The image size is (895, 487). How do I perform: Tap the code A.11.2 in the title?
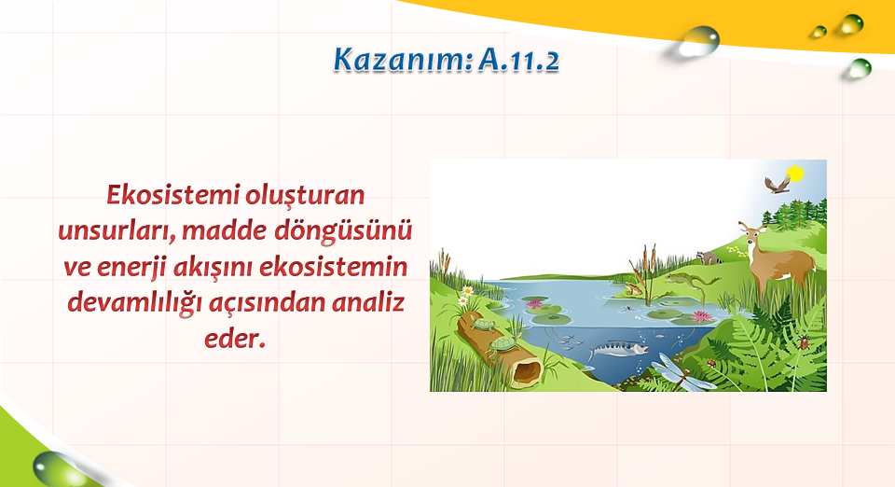point(519,60)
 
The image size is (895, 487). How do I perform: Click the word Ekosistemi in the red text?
point(173,195)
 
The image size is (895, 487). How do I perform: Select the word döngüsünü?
point(343,231)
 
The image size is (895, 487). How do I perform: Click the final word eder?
point(235,340)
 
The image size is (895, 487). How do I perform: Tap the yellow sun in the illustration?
point(794,173)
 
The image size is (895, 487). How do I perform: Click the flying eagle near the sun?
point(777,185)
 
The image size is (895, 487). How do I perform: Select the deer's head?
point(752,232)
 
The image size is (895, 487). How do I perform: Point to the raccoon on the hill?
point(709,257)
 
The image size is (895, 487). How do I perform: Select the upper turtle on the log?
point(484,326)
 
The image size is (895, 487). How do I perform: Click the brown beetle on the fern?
point(804,342)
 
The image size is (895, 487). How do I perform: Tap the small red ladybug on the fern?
point(711,363)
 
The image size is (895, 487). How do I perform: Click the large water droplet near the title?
point(698,41)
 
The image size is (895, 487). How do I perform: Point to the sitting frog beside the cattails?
point(631,289)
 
